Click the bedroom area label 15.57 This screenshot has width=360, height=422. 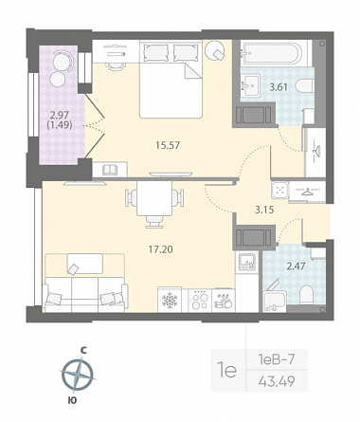pos(168,145)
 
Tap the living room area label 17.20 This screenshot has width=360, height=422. pos(161,249)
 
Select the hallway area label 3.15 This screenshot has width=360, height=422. pos(264,210)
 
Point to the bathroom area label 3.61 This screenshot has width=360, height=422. pos(279,86)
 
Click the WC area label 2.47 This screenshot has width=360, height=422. pos(296,266)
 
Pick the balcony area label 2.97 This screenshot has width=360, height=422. pos(60,114)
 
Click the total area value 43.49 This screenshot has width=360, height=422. pos(277,381)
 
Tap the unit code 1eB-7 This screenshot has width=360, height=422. pos(277,359)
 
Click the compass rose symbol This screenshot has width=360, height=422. pos(78,375)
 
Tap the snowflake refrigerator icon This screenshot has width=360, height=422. pos(170,300)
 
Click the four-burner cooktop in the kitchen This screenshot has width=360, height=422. pos(200,301)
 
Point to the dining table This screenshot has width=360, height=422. pos(154,198)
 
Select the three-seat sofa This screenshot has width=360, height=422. pos(85,294)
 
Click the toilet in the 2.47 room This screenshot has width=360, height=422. pos(305,294)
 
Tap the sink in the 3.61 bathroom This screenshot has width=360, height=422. pos(249,84)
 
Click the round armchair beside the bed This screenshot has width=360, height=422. pos(215,50)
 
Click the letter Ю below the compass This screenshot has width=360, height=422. pos(72,400)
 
